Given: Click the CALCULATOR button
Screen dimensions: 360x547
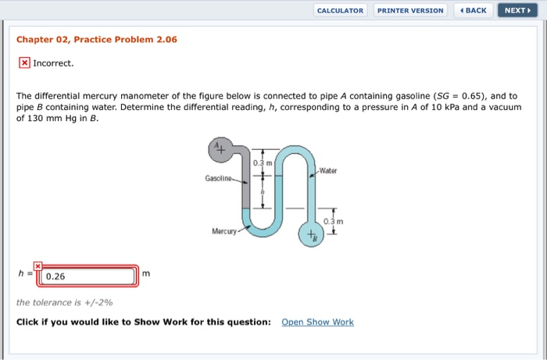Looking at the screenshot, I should (x=341, y=10).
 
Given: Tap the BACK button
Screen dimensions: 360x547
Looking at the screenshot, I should (x=473, y=10).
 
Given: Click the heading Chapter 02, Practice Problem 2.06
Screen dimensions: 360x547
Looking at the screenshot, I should (x=97, y=39).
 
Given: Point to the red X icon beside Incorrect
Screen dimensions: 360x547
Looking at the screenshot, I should (x=24, y=62).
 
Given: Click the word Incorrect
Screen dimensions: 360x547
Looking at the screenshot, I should (x=53, y=62).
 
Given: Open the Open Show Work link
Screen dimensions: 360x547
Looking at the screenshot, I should (x=317, y=322).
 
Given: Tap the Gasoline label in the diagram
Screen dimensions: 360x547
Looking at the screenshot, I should (x=221, y=178).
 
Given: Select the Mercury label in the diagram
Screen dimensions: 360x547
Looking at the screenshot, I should (x=224, y=232).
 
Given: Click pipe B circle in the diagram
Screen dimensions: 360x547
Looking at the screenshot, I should (x=312, y=234).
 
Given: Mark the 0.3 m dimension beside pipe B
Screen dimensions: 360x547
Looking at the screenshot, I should (x=344, y=221).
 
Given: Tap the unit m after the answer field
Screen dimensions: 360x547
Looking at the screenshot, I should (x=145, y=273).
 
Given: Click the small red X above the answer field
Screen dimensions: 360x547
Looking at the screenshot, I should (x=37, y=266).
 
